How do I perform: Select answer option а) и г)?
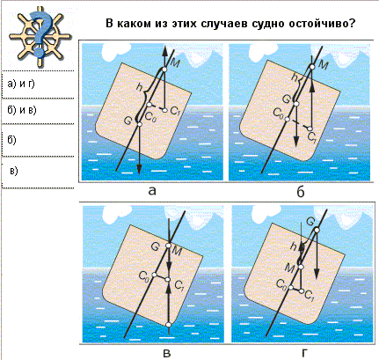pyautogui.click(x=21, y=84)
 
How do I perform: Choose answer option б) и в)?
pyautogui.click(x=22, y=110)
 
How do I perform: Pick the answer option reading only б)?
pyautogui.click(x=11, y=140)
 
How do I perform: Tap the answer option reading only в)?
pyautogui.click(x=14, y=171)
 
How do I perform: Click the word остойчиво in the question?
pyautogui.click(x=322, y=24)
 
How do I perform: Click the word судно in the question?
pyautogui.click(x=268, y=24)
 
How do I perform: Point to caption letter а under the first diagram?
pyautogui.click(x=152, y=191)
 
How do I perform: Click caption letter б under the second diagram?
pyautogui.click(x=301, y=191)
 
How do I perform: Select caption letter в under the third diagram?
pyautogui.click(x=167, y=353)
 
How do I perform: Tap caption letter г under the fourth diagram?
pyautogui.click(x=305, y=353)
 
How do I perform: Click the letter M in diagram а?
pyautogui.click(x=175, y=64)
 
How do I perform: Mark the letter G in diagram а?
pyautogui.click(x=128, y=121)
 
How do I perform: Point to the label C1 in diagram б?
pyautogui.click(x=313, y=139)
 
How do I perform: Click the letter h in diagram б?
pyautogui.click(x=295, y=77)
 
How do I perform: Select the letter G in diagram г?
pyautogui.click(x=310, y=221)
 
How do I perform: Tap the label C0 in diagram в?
pyautogui.click(x=144, y=275)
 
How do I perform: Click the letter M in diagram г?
pyautogui.click(x=289, y=268)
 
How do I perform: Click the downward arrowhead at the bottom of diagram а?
pyautogui.click(x=139, y=169)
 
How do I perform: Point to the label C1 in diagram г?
pyautogui.click(x=310, y=295)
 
